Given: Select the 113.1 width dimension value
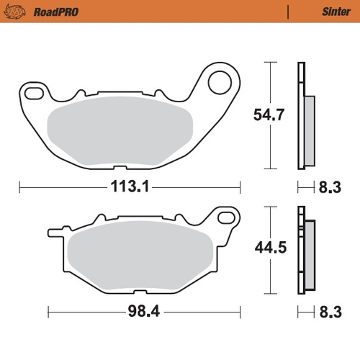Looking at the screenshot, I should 130,188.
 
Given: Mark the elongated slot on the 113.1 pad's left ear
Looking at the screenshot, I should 32,91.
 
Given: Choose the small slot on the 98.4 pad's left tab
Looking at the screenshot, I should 54,230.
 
